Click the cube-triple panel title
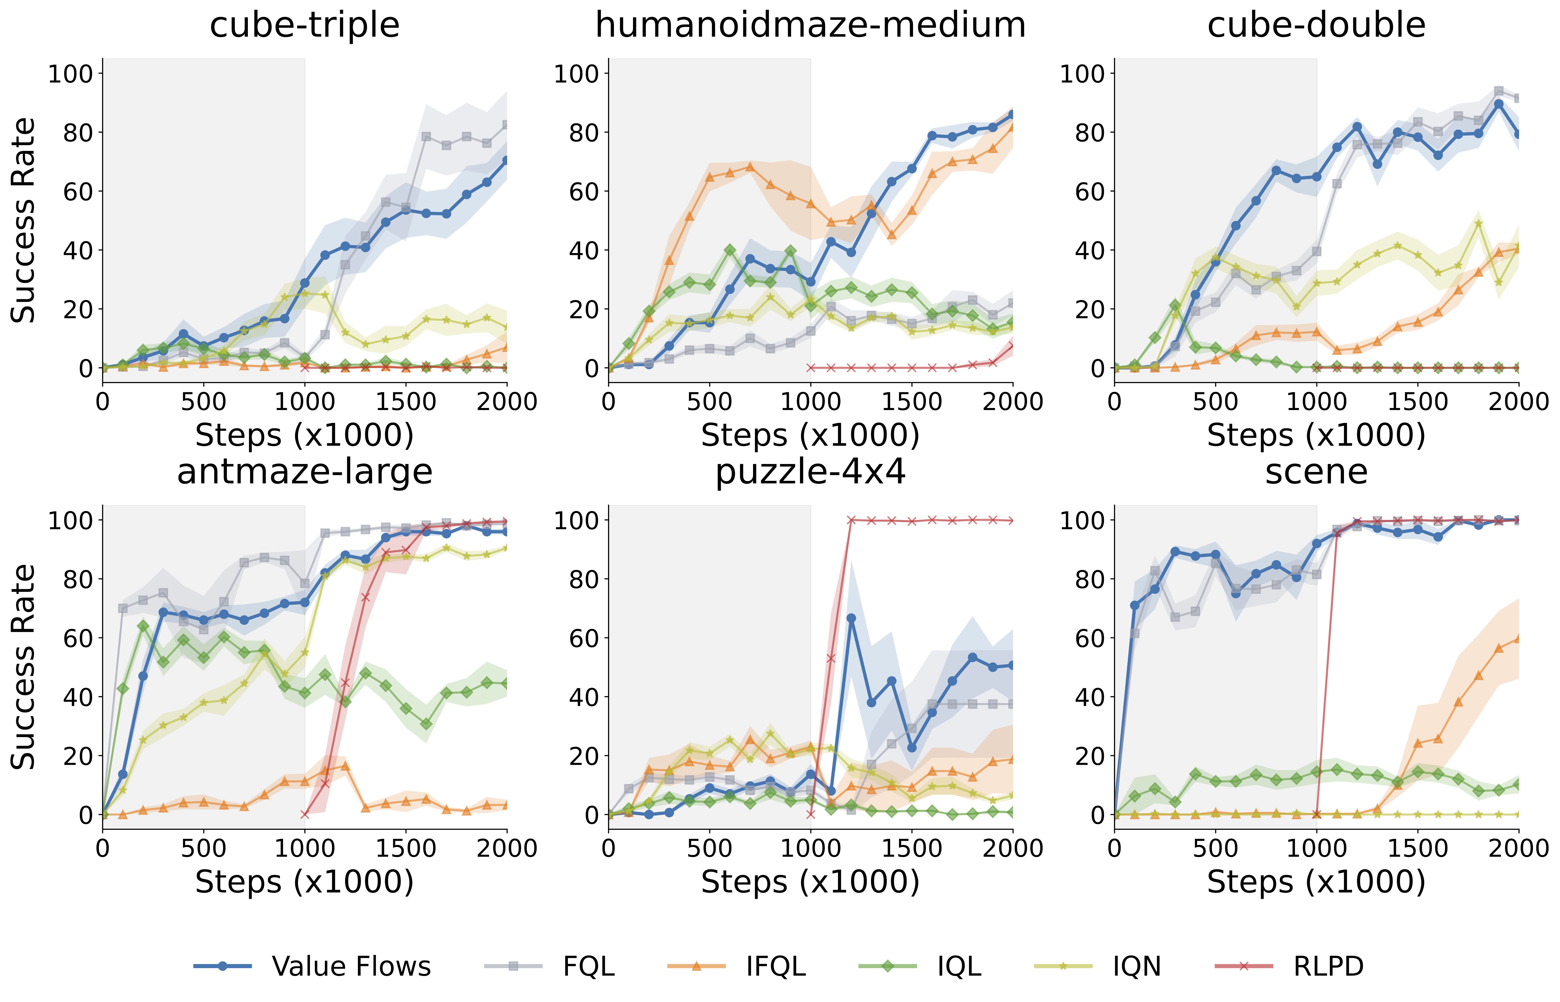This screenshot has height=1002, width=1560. [x=305, y=26]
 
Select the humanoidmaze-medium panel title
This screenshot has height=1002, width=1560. [x=810, y=26]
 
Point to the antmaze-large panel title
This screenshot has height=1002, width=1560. [x=305, y=472]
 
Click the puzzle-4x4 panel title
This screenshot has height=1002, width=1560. [x=810, y=472]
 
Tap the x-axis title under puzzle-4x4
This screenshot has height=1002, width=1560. [x=810, y=882]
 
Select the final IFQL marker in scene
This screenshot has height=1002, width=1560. [x=1518, y=638]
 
